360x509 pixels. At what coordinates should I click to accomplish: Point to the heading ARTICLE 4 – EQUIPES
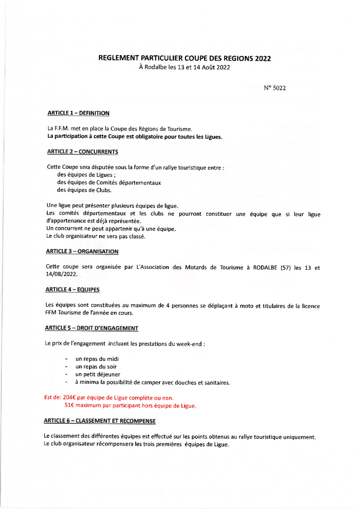coord(74,289)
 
